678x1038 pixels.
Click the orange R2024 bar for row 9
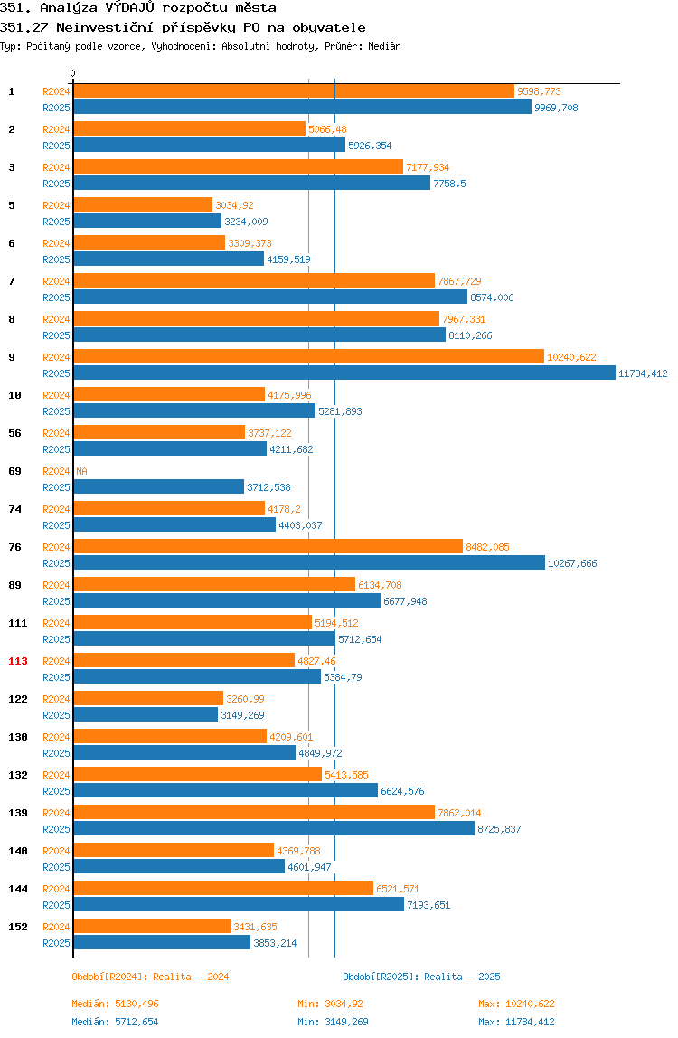click(308, 357)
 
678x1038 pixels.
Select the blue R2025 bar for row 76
click(309, 562)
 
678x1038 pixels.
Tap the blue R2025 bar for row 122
click(146, 715)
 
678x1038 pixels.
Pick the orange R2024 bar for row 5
click(143, 205)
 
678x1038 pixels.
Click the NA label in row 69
click(81, 471)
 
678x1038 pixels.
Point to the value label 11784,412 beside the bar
click(643, 374)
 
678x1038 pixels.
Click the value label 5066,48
click(328, 130)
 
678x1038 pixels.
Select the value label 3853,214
click(276, 943)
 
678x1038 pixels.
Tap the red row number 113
click(18, 661)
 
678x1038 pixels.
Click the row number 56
click(14, 434)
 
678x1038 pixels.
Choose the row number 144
click(18, 889)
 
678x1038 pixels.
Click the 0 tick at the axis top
click(73, 73)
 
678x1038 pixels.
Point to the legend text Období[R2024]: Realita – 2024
click(150, 977)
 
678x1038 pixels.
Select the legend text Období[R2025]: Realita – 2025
click(422, 977)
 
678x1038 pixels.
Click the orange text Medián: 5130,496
click(115, 1004)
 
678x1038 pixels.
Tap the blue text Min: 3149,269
click(333, 1022)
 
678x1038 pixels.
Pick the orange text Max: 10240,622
click(516, 1004)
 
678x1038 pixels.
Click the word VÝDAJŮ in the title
click(130, 8)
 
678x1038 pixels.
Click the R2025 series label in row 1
click(56, 108)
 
